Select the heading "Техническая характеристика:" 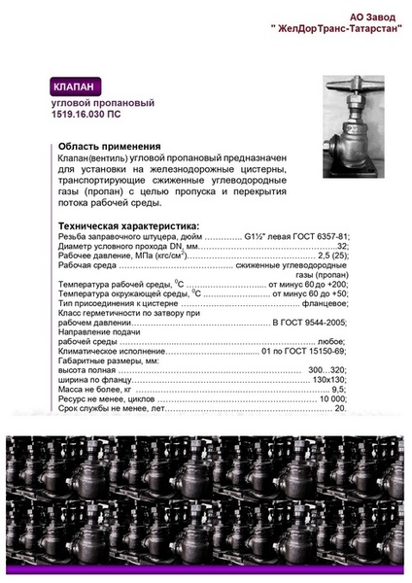pyautogui.click(x=120, y=224)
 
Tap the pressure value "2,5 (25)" pyautogui.click(x=328, y=256)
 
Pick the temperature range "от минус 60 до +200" pyautogui.click(x=307, y=283)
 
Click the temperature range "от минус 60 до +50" pyautogui.click(x=310, y=292)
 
